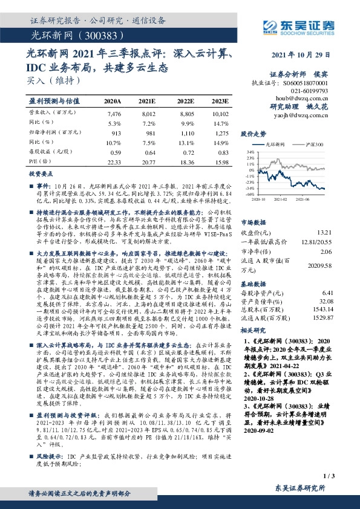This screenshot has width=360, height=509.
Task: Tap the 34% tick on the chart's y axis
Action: [x=248, y=152]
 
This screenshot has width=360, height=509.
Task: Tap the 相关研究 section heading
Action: [x=254, y=331]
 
